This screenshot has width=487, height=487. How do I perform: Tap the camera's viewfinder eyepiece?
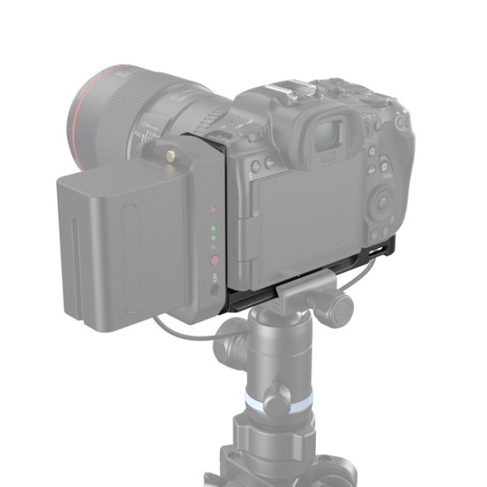[330, 131]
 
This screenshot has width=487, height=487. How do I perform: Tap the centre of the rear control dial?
[382, 201]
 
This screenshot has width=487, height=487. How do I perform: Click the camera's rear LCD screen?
[307, 215]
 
